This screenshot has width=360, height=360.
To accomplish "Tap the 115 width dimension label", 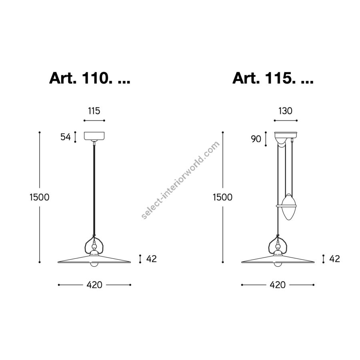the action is click(x=94, y=111).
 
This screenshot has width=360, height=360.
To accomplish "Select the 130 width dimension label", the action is click(x=285, y=111).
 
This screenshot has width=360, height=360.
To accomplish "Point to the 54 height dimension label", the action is click(x=66, y=137).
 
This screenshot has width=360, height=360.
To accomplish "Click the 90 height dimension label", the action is click(x=256, y=139).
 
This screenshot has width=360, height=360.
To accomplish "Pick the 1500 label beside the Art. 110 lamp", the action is click(x=40, y=197).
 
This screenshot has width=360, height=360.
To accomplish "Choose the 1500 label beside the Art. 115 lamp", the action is click(x=223, y=197).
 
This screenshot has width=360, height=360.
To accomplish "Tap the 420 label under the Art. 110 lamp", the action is click(x=94, y=285).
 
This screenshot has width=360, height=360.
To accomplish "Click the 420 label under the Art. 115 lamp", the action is click(x=278, y=285).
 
